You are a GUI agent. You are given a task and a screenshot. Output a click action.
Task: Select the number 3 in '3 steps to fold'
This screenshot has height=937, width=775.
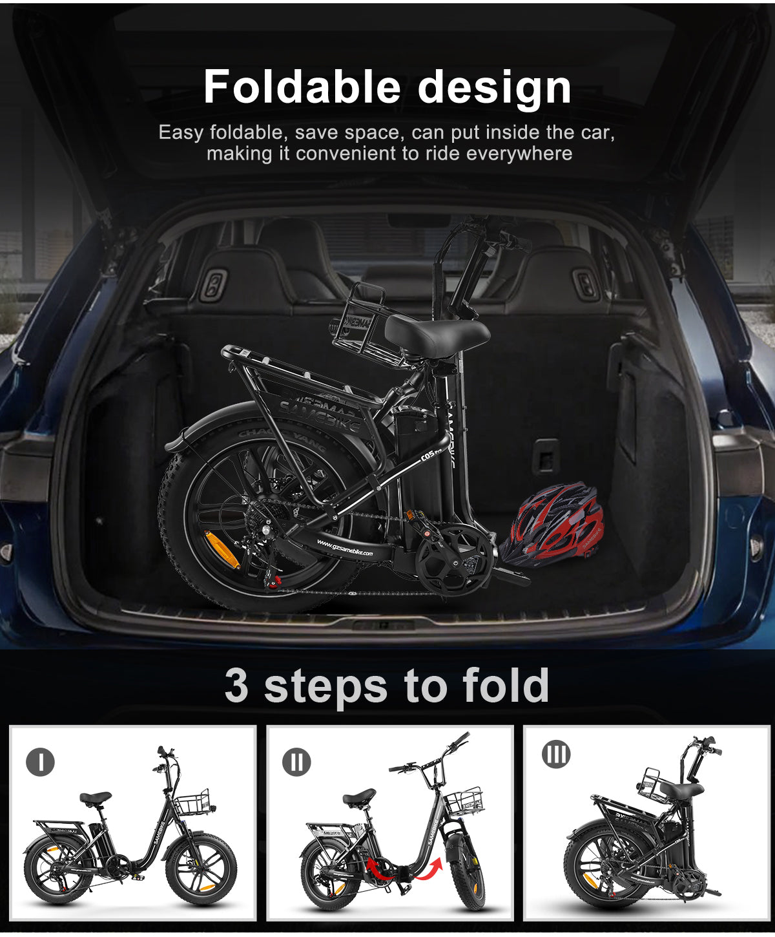tap(236, 686)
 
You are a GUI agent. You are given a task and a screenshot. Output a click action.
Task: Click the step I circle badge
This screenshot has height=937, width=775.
tap(40, 762)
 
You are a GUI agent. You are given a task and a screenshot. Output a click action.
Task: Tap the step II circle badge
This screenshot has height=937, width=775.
tap(296, 762)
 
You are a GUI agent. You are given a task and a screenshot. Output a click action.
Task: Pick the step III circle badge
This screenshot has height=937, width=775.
tap(556, 754)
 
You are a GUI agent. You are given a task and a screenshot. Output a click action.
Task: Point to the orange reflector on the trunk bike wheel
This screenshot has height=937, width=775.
tap(221, 549)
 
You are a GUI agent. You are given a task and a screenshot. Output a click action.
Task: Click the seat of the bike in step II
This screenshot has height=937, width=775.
tap(359, 797)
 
